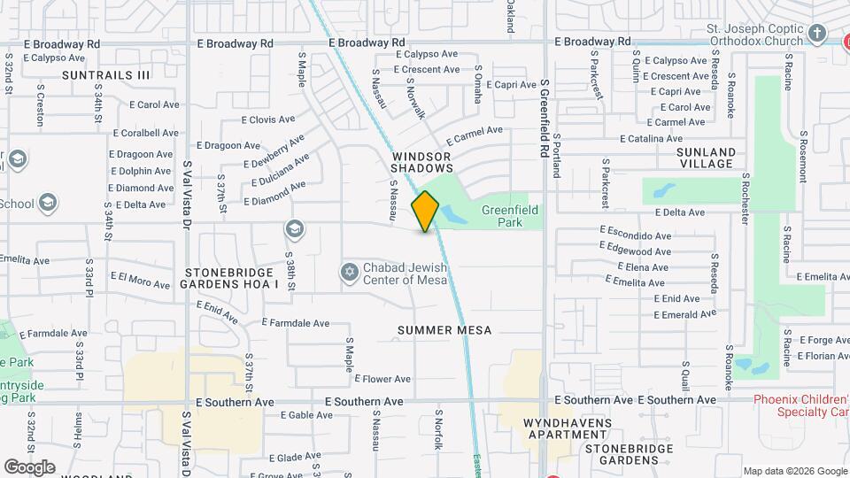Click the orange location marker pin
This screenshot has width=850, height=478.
425,212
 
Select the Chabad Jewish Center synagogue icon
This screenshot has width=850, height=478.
350,271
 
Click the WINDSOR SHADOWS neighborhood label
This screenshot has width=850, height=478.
422,161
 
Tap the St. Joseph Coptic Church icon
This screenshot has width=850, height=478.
817,35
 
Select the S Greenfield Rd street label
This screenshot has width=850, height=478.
545,119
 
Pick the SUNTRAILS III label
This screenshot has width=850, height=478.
106,75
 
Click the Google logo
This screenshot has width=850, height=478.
29,466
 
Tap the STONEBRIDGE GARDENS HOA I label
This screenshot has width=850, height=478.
229,278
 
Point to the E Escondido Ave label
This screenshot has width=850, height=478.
635,236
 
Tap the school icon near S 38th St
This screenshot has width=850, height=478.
294,230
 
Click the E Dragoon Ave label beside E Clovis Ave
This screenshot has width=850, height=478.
228,145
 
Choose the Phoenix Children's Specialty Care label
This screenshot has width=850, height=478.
800,405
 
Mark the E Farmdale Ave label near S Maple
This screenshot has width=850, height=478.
295,324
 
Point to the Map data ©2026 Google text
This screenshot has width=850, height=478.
794,471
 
